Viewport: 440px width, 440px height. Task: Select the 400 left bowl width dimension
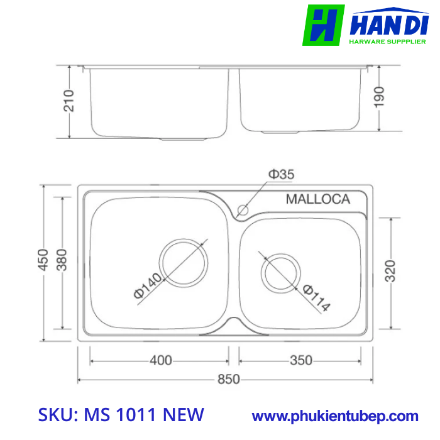[161, 361]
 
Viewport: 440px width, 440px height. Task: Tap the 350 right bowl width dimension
[301, 361]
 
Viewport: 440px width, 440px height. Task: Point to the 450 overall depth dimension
[43, 260]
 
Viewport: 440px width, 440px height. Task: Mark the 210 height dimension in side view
[69, 101]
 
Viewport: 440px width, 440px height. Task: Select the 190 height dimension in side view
[379, 97]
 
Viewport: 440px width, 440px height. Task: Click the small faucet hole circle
[243, 209]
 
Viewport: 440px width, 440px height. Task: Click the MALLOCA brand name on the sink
[317, 199]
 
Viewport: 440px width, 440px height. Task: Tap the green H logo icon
[323, 25]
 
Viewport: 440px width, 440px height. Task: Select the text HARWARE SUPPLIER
[387, 42]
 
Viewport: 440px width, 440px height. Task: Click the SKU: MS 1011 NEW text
[121, 415]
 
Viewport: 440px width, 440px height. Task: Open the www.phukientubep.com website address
[335, 415]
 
